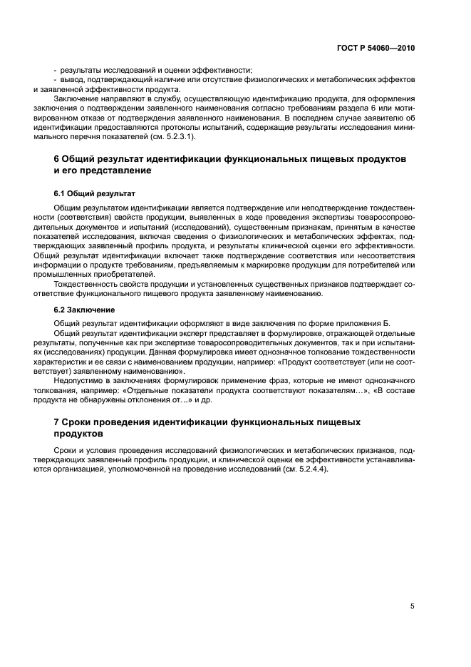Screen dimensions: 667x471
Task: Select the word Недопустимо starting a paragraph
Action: [78, 381]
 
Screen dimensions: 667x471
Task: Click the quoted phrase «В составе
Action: [393, 390]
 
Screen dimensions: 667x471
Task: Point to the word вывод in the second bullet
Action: [73, 79]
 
